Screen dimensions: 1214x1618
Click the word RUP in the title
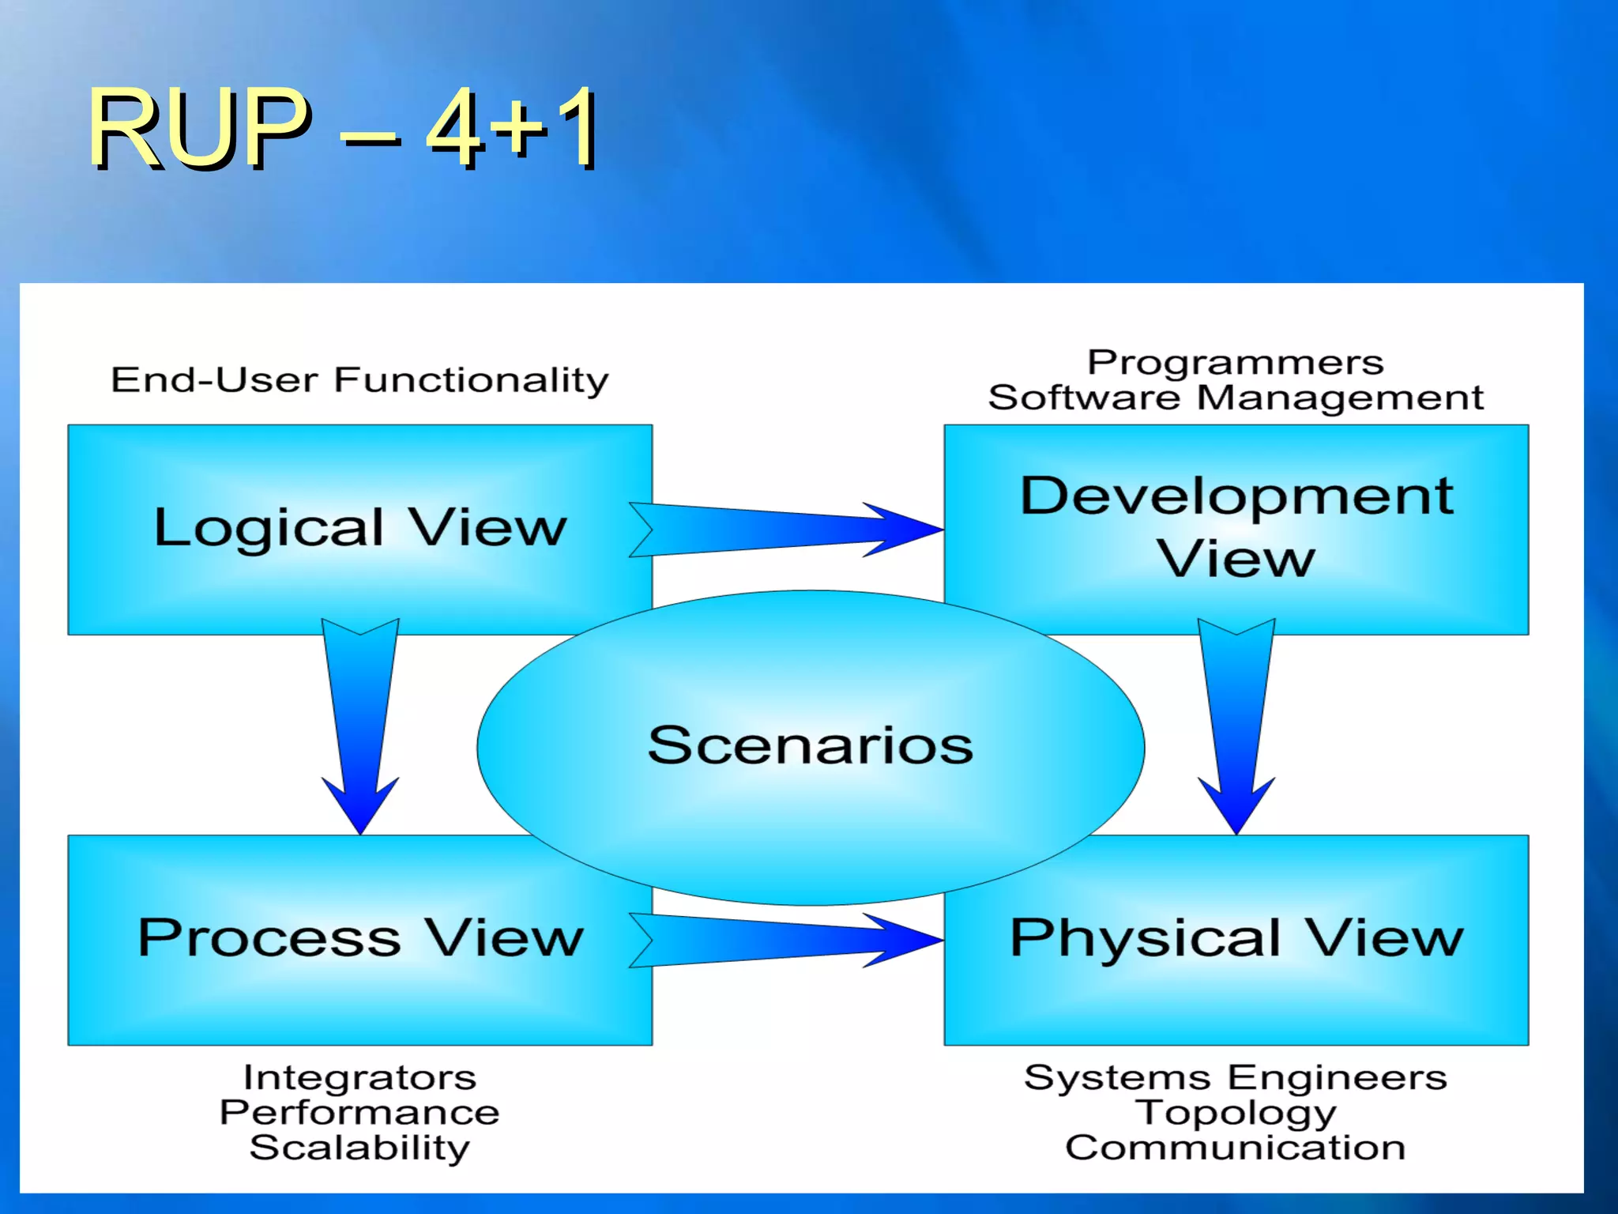pos(198,128)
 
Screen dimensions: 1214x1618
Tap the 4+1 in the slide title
pos(512,128)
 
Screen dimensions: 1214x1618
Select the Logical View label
pos(360,528)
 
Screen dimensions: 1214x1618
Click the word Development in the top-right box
pos(1236,496)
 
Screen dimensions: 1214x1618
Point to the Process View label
pos(360,938)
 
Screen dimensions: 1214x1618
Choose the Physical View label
pos(1236,938)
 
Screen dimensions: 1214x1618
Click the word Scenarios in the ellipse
pos(811,745)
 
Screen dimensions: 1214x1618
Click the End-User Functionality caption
pos(360,380)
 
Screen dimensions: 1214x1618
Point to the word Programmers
pos(1236,363)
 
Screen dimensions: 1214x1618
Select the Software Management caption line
pos(1236,398)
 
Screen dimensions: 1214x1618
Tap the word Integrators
pos(360,1077)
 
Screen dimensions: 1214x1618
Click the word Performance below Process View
pos(360,1113)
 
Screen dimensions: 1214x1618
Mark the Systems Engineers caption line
pos(1236,1077)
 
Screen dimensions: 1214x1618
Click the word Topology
pos(1236,1113)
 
